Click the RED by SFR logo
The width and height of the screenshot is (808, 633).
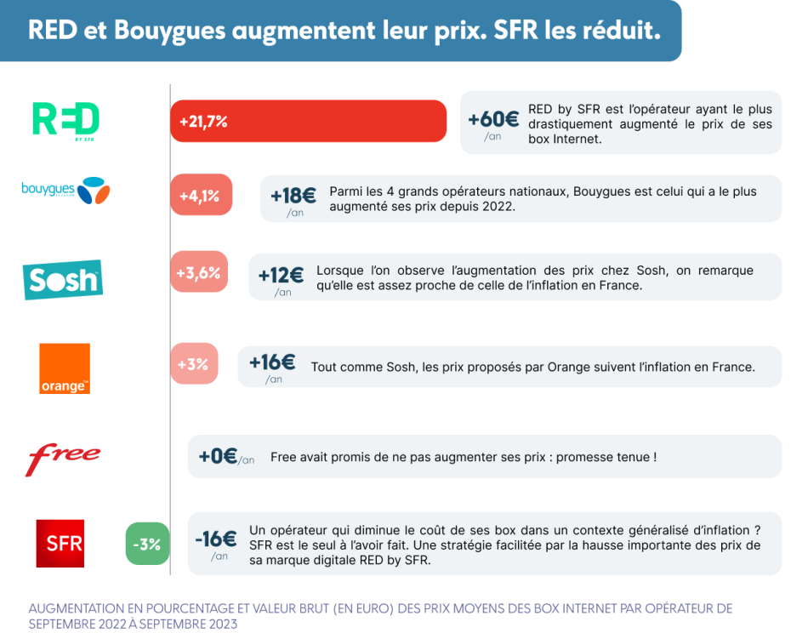[x=65, y=122]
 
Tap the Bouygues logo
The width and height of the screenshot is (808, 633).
[x=65, y=191]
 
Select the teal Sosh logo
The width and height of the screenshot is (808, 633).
[x=63, y=280]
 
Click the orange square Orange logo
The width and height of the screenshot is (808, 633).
[x=65, y=368]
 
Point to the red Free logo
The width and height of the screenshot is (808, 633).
[x=63, y=459]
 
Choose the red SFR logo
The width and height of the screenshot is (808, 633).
[x=60, y=544]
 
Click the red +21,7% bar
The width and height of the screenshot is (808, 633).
[x=308, y=121]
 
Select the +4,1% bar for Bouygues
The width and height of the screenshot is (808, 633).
[x=201, y=195]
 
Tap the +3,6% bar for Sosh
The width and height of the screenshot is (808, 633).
[x=199, y=272]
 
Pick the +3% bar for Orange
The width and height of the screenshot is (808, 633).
[x=194, y=364]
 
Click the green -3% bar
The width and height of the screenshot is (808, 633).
[x=147, y=544]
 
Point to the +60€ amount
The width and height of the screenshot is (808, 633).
[x=493, y=120]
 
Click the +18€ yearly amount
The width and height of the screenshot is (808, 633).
[x=293, y=196]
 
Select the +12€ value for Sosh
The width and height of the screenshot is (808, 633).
[x=281, y=276]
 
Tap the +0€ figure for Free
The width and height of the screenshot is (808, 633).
[x=218, y=456]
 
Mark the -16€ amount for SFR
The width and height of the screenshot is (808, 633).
[x=216, y=539]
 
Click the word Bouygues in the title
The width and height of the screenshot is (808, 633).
[x=169, y=31]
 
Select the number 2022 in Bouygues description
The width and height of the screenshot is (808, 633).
[x=498, y=206]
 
